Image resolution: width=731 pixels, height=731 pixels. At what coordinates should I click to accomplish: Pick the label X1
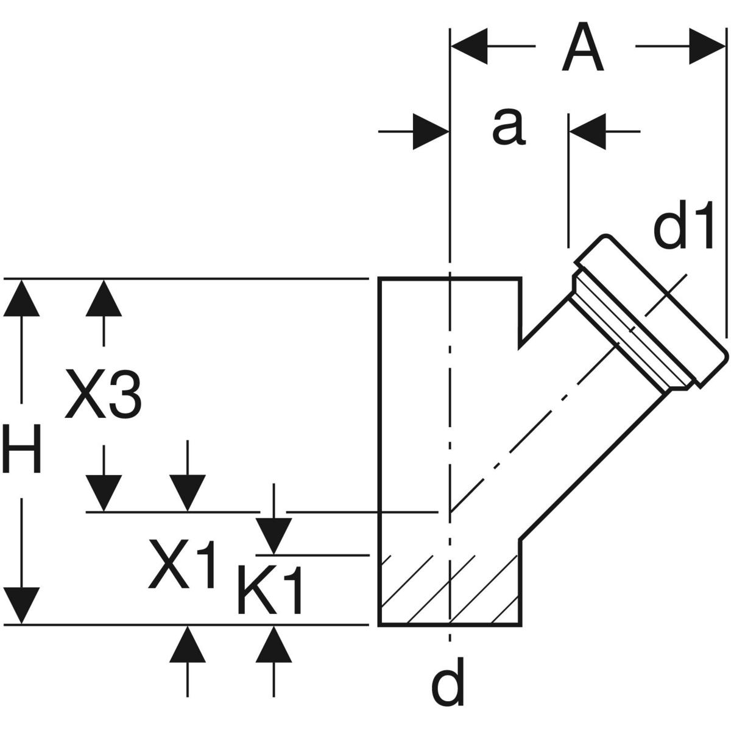tap(182, 565)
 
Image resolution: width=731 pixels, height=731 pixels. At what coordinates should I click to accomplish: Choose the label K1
tap(270, 590)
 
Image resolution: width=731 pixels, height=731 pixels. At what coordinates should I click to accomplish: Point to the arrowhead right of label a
tap(588, 130)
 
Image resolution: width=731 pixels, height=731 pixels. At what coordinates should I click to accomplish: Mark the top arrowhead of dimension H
tap(23, 298)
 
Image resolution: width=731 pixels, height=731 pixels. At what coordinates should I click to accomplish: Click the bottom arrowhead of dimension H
tap(23, 606)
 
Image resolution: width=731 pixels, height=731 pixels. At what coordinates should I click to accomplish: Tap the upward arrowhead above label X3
tap(104, 298)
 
